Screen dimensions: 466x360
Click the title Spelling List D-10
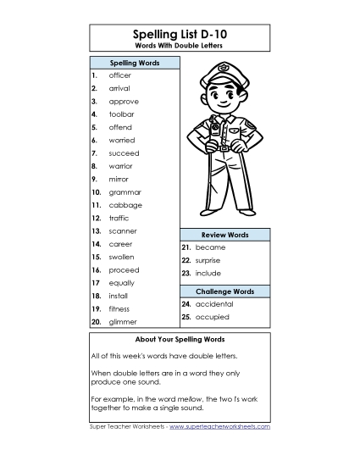tap(180, 32)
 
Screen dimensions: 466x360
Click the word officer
tap(119, 75)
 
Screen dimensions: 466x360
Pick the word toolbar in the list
tap(121, 114)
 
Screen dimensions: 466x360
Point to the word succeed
tap(124, 153)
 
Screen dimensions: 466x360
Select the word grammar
tap(125, 192)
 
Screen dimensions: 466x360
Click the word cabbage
tap(125, 205)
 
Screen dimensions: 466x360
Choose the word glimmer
tap(123, 322)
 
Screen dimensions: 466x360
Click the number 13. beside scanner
tap(97, 230)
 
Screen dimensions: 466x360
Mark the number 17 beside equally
tap(96, 282)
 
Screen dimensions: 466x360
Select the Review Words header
tap(224, 234)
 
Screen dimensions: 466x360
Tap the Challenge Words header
tap(224, 291)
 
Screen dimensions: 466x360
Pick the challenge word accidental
tap(216, 303)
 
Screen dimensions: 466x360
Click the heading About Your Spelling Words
tap(180, 340)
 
